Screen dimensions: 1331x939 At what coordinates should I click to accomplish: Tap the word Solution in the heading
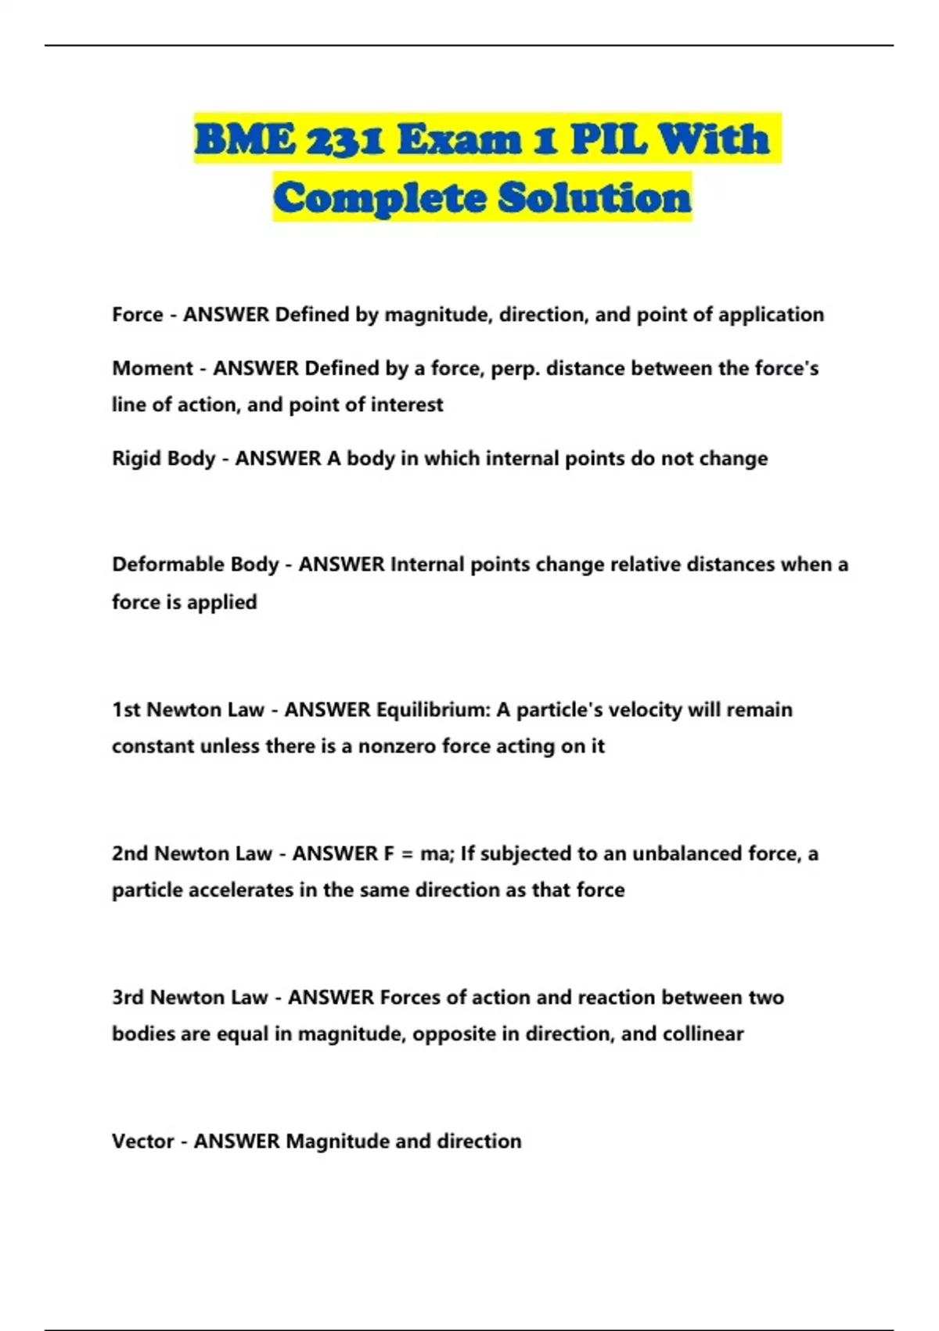point(595,197)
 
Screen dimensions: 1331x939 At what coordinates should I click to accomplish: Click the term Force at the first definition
point(138,315)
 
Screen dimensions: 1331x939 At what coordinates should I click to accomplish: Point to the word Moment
point(153,368)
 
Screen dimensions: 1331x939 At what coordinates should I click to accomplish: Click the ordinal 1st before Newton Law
point(125,710)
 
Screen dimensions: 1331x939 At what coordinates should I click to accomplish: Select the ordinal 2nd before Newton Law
point(130,853)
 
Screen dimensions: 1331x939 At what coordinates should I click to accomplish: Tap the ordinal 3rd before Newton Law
point(127,997)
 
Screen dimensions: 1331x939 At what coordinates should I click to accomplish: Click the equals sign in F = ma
point(406,854)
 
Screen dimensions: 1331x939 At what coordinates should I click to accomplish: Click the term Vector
point(142,1142)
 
